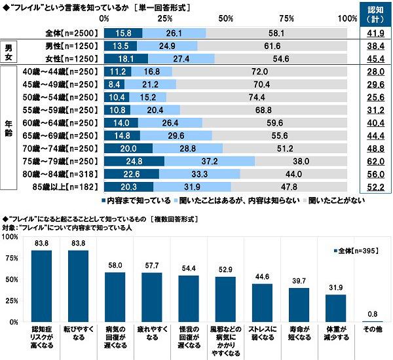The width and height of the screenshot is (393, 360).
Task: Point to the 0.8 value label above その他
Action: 371,314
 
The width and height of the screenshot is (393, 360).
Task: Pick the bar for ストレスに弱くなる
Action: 261,303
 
